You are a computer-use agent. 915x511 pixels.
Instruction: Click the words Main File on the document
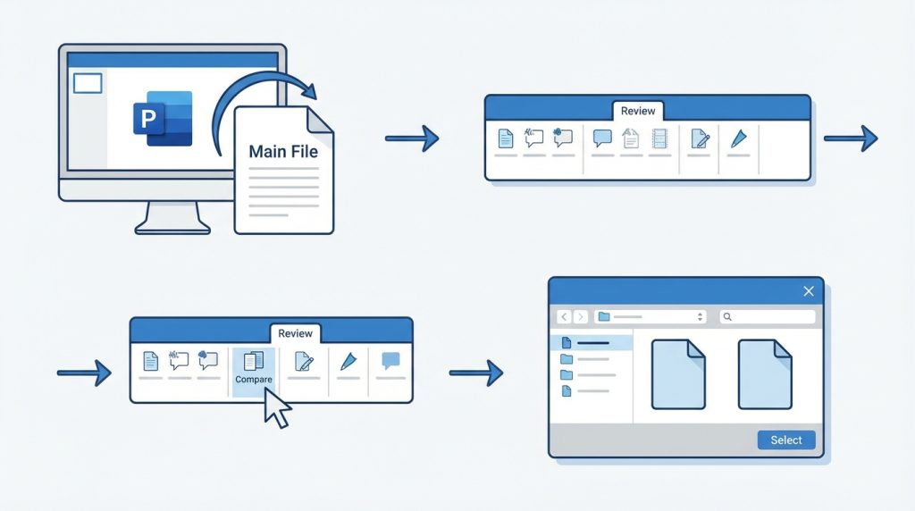point(283,151)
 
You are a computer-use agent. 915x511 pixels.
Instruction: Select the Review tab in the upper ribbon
point(638,111)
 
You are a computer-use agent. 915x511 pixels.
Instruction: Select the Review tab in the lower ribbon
point(295,333)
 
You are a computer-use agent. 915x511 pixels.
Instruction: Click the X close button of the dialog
point(809,291)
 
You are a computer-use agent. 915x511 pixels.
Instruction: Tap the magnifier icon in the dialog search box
point(727,317)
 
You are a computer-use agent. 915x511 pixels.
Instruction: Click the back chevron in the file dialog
point(564,317)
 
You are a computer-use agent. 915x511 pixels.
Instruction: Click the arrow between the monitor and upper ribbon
point(412,138)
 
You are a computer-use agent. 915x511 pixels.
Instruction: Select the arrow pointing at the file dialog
point(476,373)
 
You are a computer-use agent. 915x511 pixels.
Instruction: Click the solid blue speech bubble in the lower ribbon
point(390,361)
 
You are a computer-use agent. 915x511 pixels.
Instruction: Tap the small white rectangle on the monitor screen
point(88,84)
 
